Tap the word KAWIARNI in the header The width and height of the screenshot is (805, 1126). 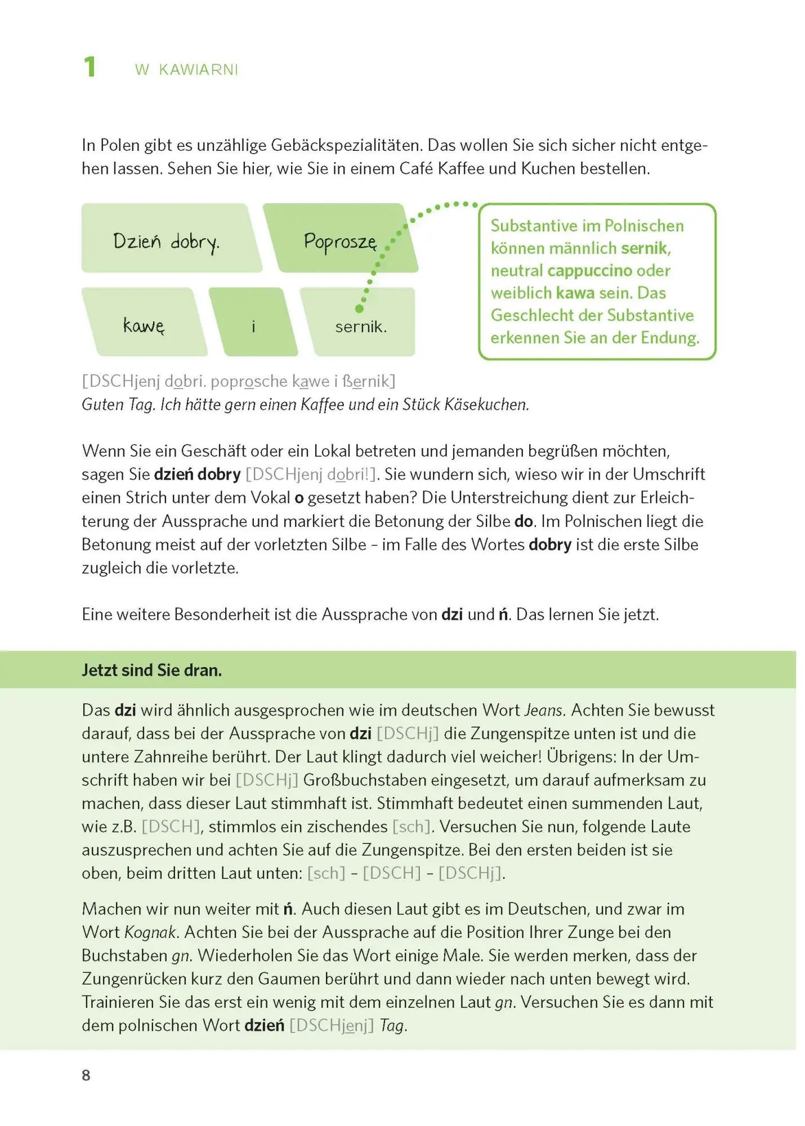tap(198, 70)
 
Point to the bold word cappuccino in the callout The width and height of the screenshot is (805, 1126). tap(589, 271)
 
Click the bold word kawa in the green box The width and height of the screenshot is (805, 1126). tap(575, 293)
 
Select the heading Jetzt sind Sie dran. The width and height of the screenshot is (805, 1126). tap(152, 670)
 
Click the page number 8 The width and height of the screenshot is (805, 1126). tap(86, 1075)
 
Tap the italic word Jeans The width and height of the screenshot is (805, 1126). tap(543, 710)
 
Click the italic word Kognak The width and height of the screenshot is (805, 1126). tap(150, 932)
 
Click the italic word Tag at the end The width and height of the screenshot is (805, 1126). tap(392, 1025)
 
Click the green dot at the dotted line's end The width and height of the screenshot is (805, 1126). tap(359, 309)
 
